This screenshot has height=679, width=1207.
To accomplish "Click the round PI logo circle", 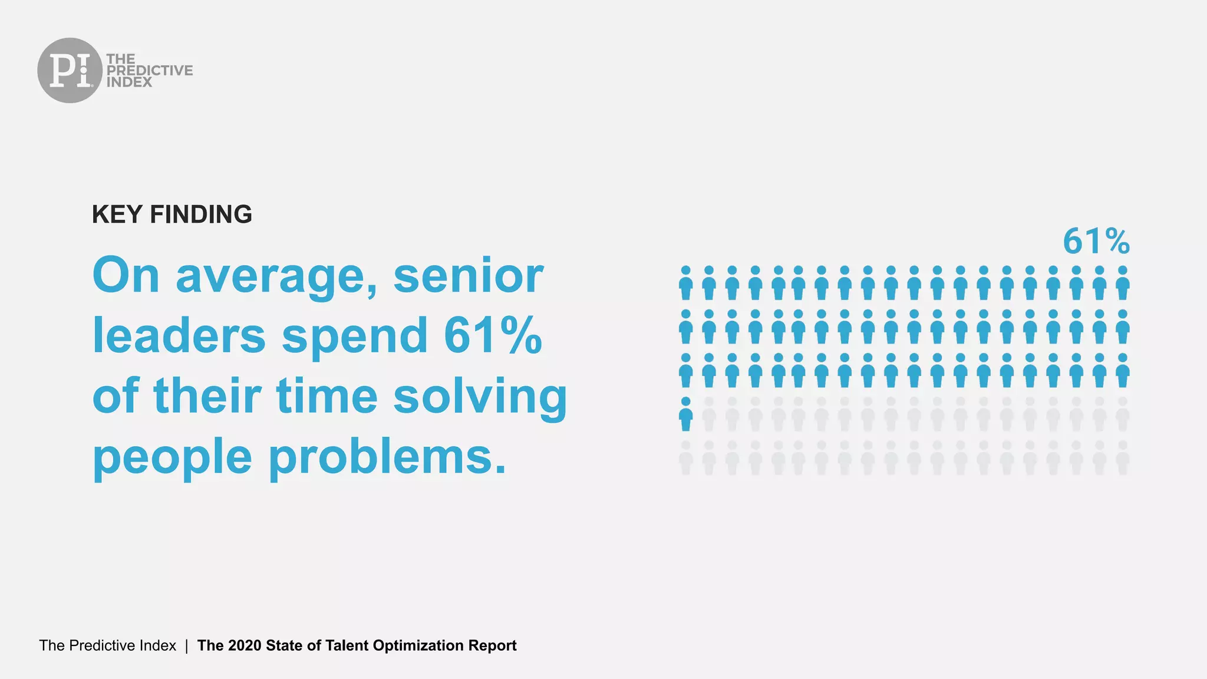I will point(70,70).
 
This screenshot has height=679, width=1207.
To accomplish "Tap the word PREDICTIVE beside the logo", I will point(150,70).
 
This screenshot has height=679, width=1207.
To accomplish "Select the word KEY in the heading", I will point(117,214).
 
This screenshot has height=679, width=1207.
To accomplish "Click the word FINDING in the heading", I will point(201,214).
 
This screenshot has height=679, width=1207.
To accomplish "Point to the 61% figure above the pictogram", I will point(1096,242).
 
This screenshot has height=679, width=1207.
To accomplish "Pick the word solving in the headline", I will point(480,395).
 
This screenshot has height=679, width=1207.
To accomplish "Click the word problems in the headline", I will point(387,457).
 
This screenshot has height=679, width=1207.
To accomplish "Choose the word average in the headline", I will point(276,276).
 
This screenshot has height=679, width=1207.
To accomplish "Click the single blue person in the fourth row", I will point(685,414).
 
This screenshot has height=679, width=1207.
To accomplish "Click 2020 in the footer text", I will point(245,645).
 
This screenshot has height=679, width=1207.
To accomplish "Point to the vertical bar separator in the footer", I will point(187,646).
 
